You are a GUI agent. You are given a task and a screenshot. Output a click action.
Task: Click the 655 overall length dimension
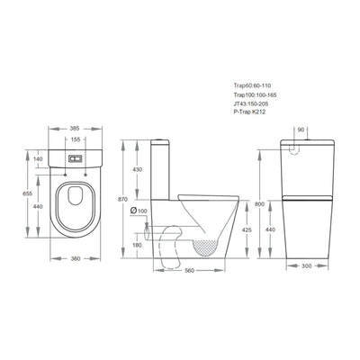pos(28,193)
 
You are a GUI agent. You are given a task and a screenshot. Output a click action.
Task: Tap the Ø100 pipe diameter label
pos(139,211)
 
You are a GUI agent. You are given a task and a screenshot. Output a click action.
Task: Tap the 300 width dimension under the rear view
pos(306,265)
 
